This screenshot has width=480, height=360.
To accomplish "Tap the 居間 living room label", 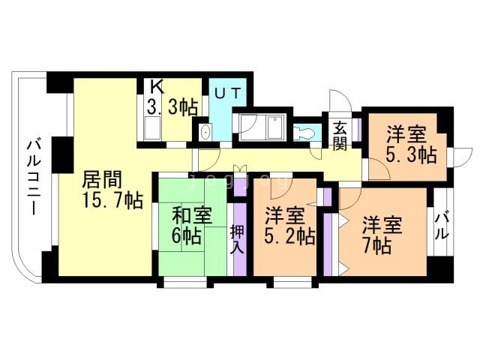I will click(101, 180).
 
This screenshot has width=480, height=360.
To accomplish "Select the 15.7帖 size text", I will click(112, 200).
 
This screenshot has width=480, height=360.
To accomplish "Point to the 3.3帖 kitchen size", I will click(172, 107).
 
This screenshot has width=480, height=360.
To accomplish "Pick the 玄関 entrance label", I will click(340, 134).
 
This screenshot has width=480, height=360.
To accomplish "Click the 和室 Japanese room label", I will click(191, 216).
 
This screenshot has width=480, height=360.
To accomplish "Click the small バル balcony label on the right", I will click(442, 225).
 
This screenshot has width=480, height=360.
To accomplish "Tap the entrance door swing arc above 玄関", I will click(337, 101).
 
